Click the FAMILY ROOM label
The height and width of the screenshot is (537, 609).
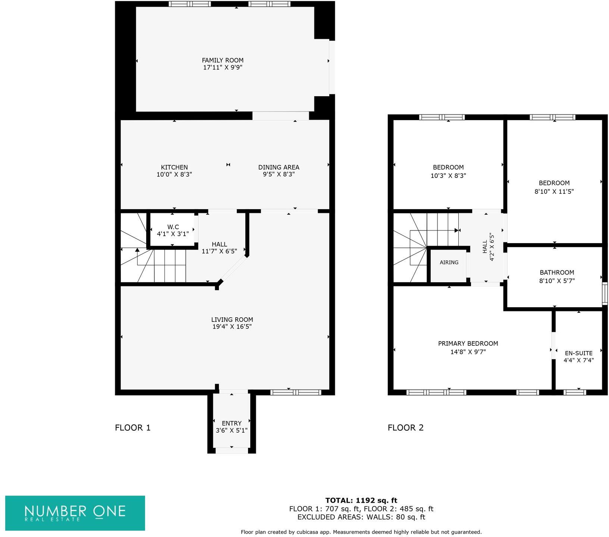[223, 60]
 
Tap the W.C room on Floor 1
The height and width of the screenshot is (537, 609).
[173, 230]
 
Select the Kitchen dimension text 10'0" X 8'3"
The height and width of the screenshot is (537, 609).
[174, 174]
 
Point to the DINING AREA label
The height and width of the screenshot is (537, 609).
[279, 167]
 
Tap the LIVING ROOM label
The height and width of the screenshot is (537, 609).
[232, 320]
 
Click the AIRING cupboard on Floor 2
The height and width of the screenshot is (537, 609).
[449, 263]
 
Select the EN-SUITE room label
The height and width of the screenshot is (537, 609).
[578, 353]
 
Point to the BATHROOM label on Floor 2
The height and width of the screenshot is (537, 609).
[557, 273]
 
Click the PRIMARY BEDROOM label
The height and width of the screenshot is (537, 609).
[468, 343]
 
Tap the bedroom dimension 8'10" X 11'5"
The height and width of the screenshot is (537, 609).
[554, 191]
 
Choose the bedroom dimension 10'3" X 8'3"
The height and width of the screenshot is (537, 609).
[448, 176]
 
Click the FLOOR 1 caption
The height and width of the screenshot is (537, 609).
[133, 428]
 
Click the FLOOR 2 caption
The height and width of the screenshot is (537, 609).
[406, 428]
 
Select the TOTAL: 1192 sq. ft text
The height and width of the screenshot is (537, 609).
[361, 500]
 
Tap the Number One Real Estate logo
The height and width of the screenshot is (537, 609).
[75, 513]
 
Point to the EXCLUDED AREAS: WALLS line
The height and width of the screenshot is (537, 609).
[361, 517]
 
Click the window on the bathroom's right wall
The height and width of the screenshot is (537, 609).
[605, 293]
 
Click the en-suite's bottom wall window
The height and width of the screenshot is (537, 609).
[574, 392]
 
